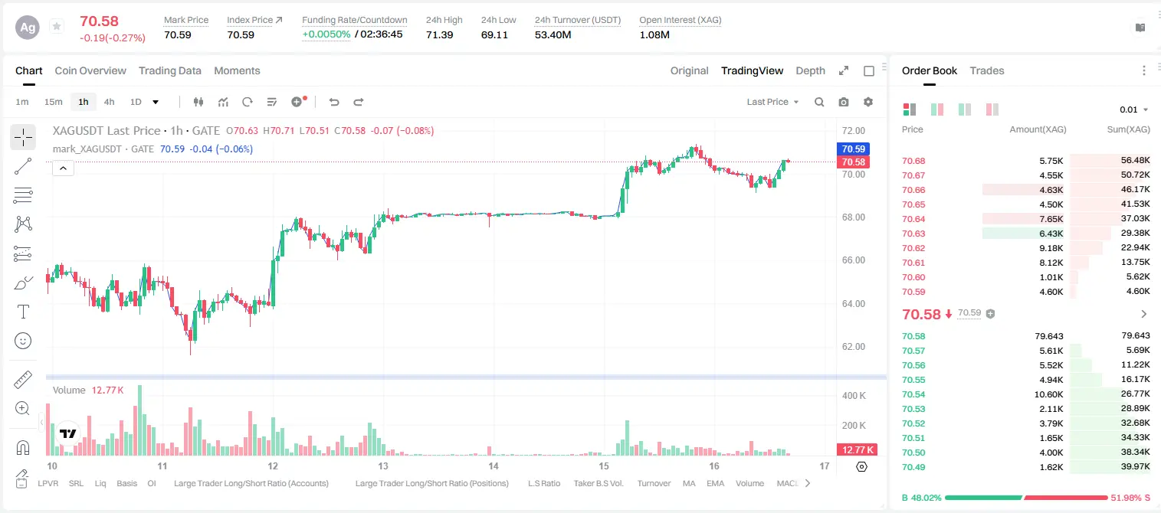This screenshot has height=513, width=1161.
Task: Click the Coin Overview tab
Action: [90, 71]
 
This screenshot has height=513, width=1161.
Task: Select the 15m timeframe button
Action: [54, 102]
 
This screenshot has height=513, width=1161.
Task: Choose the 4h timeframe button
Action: [109, 102]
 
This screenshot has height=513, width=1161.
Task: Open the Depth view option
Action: [810, 71]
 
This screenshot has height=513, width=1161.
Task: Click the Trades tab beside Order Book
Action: [987, 71]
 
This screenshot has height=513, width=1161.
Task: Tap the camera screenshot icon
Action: [844, 102]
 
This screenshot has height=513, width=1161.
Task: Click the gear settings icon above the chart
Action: [868, 102]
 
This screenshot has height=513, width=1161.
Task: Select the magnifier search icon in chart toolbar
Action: [819, 102]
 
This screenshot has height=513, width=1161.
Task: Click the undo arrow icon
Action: [334, 102]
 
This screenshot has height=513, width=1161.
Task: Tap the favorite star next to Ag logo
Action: [57, 26]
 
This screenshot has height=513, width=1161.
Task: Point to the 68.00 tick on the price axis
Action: [853, 217]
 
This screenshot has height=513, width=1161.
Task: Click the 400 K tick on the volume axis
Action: [854, 396]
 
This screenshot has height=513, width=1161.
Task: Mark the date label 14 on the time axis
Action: [493, 466]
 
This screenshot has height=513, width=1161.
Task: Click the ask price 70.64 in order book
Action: [913, 219]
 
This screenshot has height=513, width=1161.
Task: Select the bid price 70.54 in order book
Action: [913, 394]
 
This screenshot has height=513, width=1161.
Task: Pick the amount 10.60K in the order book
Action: [1048, 394]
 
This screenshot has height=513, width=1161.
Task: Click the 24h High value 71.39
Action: [440, 34]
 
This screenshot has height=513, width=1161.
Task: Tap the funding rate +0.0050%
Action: [326, 34]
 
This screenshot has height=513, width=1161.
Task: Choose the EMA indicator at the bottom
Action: [715, 483]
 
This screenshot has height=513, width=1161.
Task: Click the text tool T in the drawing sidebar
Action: [23, 312]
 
